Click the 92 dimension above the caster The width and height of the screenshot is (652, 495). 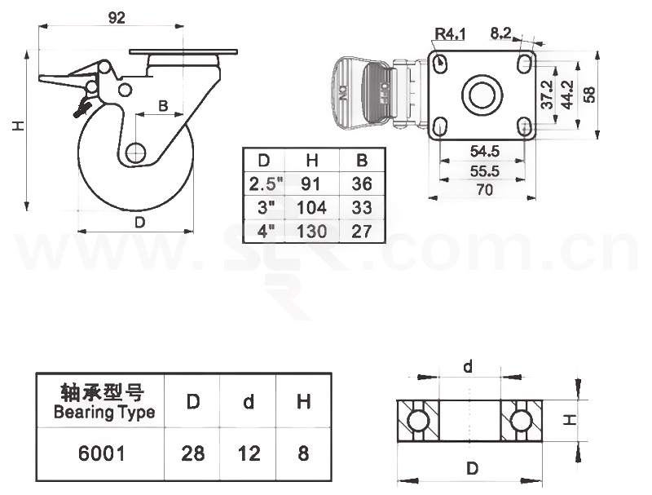pyautogui.click(x=117, y=18)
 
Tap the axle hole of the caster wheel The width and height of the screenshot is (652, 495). pyautogui.click(x=136, y=153)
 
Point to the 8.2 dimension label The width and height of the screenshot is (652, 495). pyautogui.click(x=501, y=33)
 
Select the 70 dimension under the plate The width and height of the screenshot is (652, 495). pyautogui.click(x=486, y=190)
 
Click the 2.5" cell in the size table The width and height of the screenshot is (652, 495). pyautogui.click(x=262, y=183)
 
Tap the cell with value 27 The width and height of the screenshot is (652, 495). pyautogui.click(x=362, y=231)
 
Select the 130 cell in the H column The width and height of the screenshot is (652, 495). pyautogui.click(x=311, y=231)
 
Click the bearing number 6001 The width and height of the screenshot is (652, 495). pyautogui.click(x=102, y=453)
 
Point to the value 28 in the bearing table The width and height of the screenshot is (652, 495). pyautogui.click(x=193, y=453)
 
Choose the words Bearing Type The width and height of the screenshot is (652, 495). pyautogui.click(x=104, y=412)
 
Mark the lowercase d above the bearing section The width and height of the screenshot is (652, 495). pyautogui.click(x=468, y=366)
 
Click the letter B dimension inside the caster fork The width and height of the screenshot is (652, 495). pyautogui.click(x=163, y=104)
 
